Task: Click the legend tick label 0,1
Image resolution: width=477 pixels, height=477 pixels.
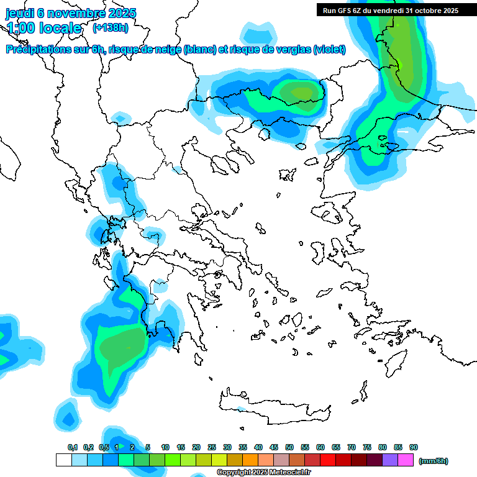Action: tap(73, 447)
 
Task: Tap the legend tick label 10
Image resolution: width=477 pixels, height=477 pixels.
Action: tap(165, 447)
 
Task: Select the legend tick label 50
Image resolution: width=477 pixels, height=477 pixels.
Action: tap(289, 447)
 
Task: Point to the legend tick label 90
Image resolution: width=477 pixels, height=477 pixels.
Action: tap(414, 447)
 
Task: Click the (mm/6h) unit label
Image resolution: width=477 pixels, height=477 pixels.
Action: tap(434, 461)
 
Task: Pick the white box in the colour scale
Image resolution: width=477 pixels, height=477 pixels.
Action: tap(63, 460)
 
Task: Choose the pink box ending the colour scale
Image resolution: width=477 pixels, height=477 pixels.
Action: tap(406, 460)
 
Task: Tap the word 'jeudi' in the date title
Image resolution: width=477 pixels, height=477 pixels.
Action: tap(20, 13)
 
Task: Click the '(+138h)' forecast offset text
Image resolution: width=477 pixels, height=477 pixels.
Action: tap(111, 27)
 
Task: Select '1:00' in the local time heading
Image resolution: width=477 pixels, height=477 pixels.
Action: tap(20, 28)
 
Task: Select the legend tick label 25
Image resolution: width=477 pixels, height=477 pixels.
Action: tap(212, 447)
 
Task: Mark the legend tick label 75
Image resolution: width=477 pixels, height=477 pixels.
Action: tap(367, 447)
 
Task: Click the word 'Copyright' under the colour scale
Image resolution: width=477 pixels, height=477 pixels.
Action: tap(232, 473)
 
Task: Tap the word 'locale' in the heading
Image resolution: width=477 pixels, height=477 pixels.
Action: tap(60, 28)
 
